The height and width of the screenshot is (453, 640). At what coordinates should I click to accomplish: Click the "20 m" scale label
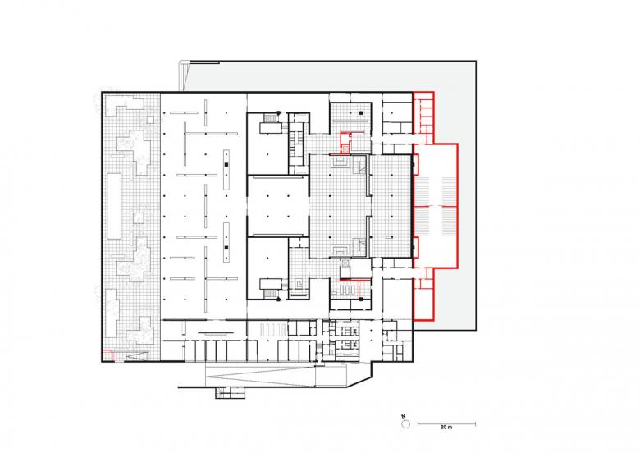[x=446, y=428]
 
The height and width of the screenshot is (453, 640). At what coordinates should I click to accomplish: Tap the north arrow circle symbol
[x=405, y=424]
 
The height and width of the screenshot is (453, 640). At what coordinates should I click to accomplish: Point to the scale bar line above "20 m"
[x=446, y=424]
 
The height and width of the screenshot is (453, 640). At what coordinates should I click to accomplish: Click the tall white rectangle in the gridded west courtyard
[x=114, y=206]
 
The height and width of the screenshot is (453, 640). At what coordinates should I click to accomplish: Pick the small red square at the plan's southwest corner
[x=107, y=355]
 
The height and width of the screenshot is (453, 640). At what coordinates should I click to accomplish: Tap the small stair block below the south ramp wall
[x=231, y=392]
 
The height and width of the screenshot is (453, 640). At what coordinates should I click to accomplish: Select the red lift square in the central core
[x=345, y=149]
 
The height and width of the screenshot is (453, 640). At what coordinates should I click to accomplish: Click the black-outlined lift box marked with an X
[x=345, y=264]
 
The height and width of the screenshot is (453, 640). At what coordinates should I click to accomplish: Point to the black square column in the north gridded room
[x=361, y=112]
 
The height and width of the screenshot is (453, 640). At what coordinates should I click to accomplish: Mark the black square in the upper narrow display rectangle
[x=226, y=164]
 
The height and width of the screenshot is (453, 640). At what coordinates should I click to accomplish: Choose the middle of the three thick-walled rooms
[x=277, y=206]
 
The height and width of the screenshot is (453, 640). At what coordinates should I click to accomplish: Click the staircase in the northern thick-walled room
[x=271, y=118]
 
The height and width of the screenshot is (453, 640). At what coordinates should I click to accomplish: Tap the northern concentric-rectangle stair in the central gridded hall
[x=340, y=162]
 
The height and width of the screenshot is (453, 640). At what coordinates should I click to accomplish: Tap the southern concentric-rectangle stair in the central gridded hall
[x=340, y=249]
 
